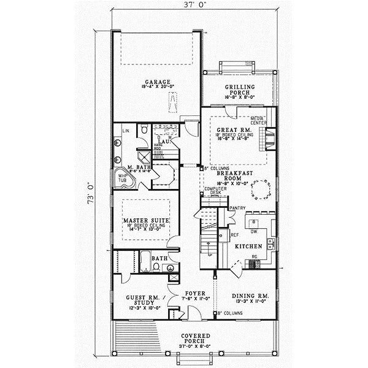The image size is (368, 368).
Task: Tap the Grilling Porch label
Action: (x=236, y=91)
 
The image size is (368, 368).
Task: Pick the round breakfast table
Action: (x=263, y=190)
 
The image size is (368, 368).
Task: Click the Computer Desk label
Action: (x=212, y=190)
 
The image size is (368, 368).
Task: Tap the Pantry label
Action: (x=237, y=209)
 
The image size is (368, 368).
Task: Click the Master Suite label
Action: (x=145, y=220)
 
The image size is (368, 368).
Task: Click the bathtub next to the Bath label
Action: (x=146, y=264)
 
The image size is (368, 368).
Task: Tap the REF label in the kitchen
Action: (x=234, y=234)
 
